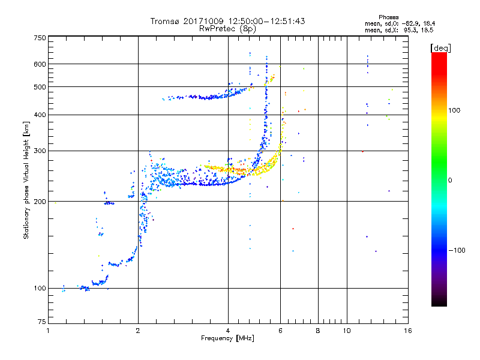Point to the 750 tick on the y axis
click(40, 38)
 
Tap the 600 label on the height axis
click(40, 64)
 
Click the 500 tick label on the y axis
click(40, 87)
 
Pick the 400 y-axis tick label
click(40, 115)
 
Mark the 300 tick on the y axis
click(40, 151)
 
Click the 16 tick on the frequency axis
click(408, 331)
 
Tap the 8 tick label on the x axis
click(318, 331)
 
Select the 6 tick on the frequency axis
click(280, 331)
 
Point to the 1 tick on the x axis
click(48, 331)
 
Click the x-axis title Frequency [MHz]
click(227, 338)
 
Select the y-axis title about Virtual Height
click(26, 180)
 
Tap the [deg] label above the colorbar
click(441, 47)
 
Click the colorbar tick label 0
click(449, 180)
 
